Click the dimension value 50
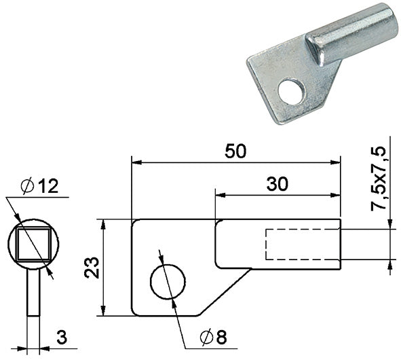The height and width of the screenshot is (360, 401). [x=235, y=151]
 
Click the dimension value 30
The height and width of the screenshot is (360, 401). [x=278, y=184]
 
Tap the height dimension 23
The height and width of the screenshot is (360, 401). [x=92, y=268]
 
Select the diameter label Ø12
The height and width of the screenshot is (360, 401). [x=39, y=186]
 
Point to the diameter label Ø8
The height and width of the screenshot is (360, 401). [x=213, y=338]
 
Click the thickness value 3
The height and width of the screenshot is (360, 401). [x=62, y=337]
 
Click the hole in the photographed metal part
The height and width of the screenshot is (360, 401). [x=292, y=92]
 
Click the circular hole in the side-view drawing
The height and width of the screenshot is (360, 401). [x=168, y=282]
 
